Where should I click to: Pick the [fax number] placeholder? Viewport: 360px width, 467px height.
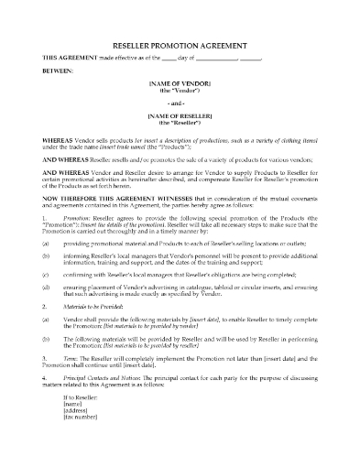tap(80, 440)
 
